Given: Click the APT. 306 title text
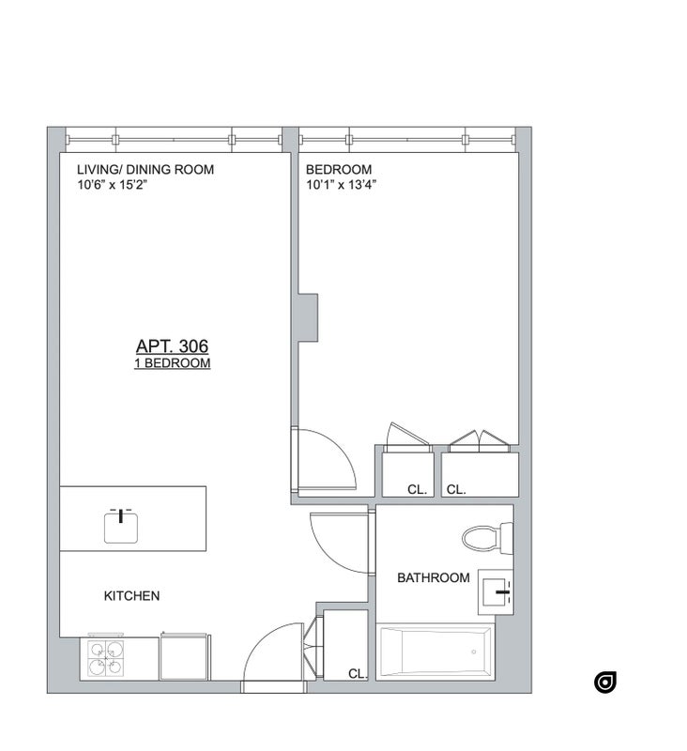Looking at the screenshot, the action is pyautogui.click(x=172, y=345).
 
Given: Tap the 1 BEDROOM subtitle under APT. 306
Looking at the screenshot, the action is pyautogui.click(x=173, y=363).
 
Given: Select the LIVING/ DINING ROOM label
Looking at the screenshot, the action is pyautogui.click(x=145, y=170).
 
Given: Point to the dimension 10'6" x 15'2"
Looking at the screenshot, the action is pyautogui.click(x=112, y=184).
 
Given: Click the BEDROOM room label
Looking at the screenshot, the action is pyautogui.click(x=339, y=170).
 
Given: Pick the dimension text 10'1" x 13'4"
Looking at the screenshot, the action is pyautogui.click(x=342, y=184).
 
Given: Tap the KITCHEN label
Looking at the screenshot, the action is pyautogui.click(x=131, y=596).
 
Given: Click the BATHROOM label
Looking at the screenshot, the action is pyautogui.click(x=434, y=577).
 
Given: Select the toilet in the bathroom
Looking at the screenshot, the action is pyautogui.click(x=487, y=539).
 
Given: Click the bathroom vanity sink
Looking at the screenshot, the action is pyautogui.click(x=496, y=592).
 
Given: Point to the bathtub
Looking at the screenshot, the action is pyautogui.click(x=435, y=651).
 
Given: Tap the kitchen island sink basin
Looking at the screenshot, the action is pyautogui.click(x=121, y=528).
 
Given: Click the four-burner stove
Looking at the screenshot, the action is pyautogui.click(x=105, y=658).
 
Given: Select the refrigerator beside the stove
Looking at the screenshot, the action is pyautogui.click(x=184, y=656).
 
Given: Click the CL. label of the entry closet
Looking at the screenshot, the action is pyautogui.click(x=358, y=674).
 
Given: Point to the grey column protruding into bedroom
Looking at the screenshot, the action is pyautogui.click(x=308, y=317).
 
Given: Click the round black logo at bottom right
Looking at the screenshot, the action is pyautogui.click(x=605, y=682).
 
